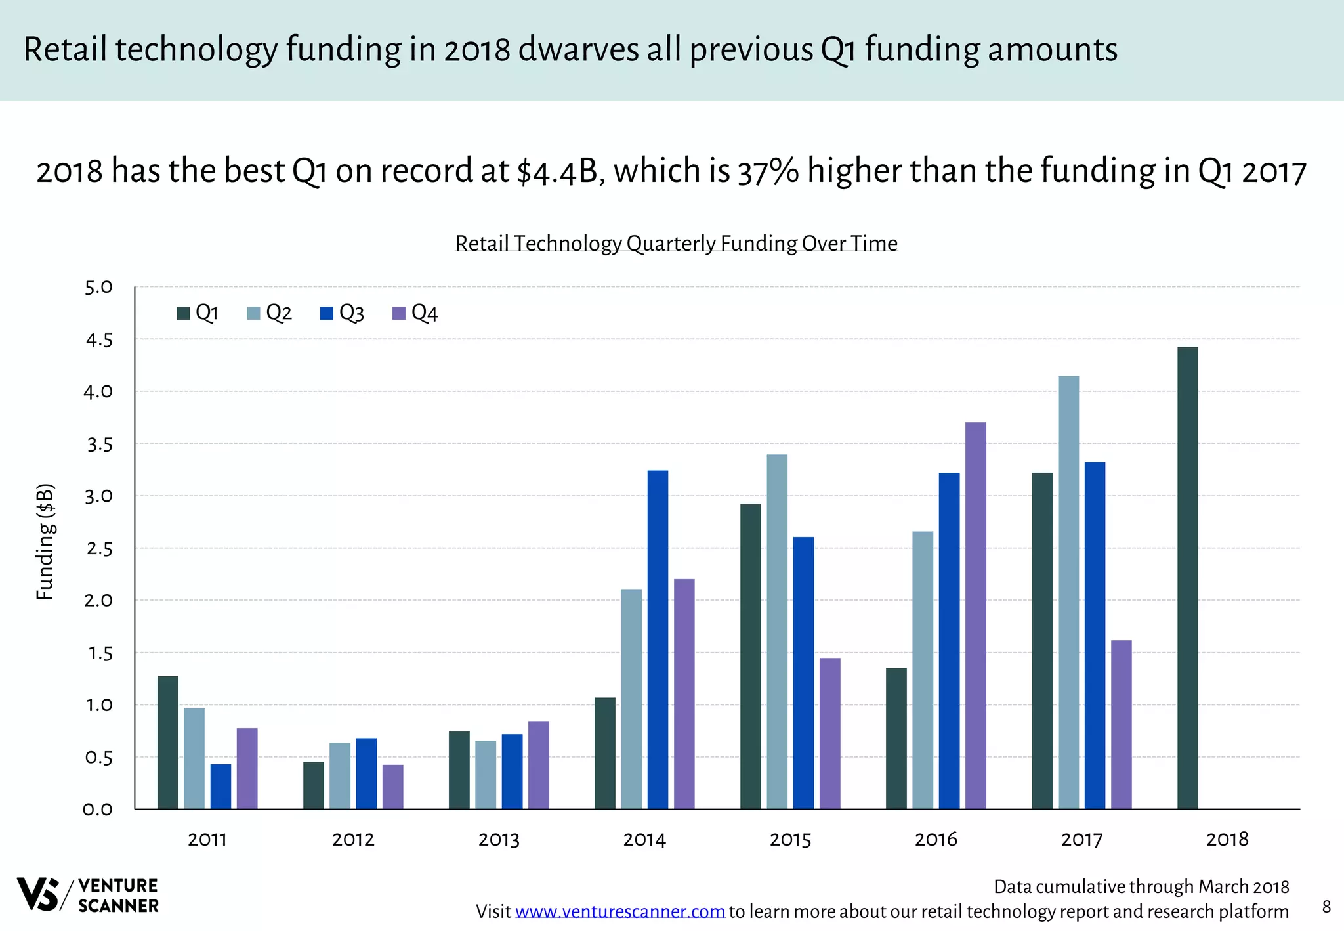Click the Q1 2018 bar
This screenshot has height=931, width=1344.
tap(1187, 578)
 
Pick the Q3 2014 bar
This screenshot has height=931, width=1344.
tap(658, 639)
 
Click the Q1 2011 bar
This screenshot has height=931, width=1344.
tap(168, 742)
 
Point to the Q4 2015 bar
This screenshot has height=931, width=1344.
tap(829, 733)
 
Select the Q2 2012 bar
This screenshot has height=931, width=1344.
tap(340, 775)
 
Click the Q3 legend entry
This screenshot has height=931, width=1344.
tap(343, 313)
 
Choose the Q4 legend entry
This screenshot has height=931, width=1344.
tap(415, 313)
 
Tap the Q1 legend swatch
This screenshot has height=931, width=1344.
tap(183, 313)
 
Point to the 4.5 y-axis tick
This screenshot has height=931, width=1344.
tap(98, 340)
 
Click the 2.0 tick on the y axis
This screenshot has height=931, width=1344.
tap(98, 601)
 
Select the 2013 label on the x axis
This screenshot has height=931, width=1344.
tap(499, 840)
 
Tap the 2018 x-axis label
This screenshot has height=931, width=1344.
tap(1227, 840)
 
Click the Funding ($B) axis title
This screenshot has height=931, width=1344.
tap(45, 542)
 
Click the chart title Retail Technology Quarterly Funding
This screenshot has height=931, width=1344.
tap(676, 243)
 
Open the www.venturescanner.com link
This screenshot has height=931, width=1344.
tap(620, 912)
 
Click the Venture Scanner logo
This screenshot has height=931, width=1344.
tap(87, 895)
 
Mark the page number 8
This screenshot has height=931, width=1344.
tap(1326, 907)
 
